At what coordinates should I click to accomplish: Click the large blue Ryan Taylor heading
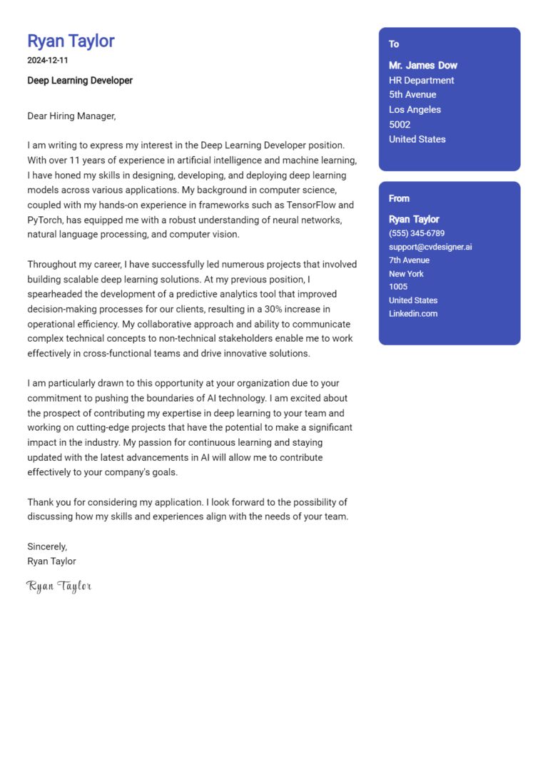tap(71, 41)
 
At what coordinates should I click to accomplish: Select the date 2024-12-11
tap(47, 61)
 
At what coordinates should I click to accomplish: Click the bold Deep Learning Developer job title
tap(80, 81)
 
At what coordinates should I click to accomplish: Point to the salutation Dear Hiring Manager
tap(71, 116)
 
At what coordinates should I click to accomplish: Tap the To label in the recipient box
tap(394, 44)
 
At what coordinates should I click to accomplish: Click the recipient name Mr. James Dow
tap(423, 66)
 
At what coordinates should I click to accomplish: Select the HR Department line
tap(421, 81)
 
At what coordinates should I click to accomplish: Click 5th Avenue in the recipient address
tap(412, 95)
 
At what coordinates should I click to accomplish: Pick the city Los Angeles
tap(415, 110)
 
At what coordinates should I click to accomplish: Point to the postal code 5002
tap(400, 125)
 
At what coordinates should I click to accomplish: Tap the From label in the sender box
tap(399, 198)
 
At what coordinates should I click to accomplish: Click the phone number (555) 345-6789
tap(417, 233)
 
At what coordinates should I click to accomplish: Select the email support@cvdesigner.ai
tap(430, 247)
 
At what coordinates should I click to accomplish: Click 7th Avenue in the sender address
tap(409, 260)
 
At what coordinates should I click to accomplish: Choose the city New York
tap(406, 274)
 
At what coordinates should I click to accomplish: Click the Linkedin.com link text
tap(413, 314)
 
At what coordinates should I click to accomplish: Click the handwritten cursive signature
tap(59, 586)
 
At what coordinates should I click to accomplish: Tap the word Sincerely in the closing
tap(46, 546)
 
